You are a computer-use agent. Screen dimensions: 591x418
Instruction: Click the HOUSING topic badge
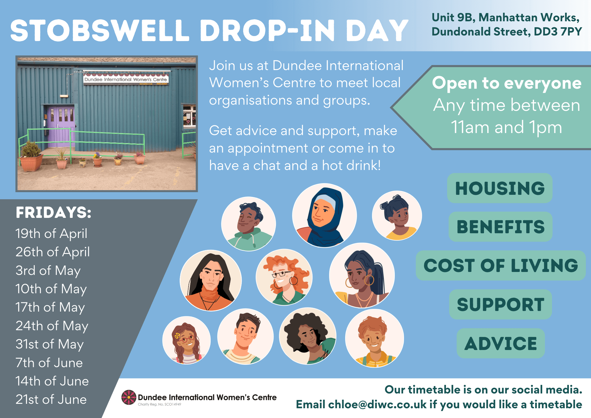pyautogui.click(x=500, y=188)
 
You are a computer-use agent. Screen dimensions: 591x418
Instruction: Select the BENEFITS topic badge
pyautogui.click(x=500, y=227)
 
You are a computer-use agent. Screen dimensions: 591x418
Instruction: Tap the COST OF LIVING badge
pyautogui.click(x=501, y=265)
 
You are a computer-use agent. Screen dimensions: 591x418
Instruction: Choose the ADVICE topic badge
pyautogui.click(x=501, y=343)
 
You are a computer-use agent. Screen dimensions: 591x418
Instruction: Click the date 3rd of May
pyautogui.click(x=48, y=270)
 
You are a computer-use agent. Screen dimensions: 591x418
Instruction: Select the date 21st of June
pyautogui.click(x=51, y=399)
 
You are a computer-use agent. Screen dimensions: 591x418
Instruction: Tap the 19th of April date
pyautogui.click(x=51, y=234)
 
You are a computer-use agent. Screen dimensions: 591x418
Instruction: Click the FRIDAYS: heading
pyautogui.click(x=53, y=213)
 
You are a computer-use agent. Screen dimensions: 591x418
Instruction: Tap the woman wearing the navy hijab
pyautogui.click(x=324, y=216)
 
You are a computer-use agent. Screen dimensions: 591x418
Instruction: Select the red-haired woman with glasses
pyautogui.click(x=284, y=277)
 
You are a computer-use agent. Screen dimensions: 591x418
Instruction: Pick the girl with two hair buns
pyautogui.click(x=397, y=215)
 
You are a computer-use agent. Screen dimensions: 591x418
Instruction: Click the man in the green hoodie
pyautogui.click(x=249, y=224)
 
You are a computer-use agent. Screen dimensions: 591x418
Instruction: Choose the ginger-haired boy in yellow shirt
pyautogui.click(x=374, y=338)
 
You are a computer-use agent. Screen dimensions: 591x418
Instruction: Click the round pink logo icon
pyautogui.click(x=129, y=397)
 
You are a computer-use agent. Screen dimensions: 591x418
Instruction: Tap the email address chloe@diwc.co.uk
pyautogui.click(x=377, y=404)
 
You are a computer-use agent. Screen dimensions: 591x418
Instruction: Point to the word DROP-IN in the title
pyautogui.click(x=268, y=30)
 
